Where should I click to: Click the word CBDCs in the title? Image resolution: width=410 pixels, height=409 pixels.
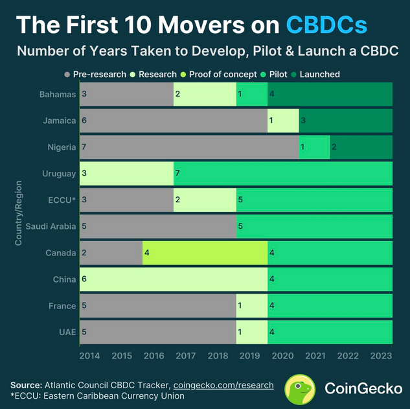click(x=326, y=25)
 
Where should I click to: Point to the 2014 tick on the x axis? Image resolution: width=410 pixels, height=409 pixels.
click(x=89, y=356)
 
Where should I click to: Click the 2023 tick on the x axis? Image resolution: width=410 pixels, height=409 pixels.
click(x=381, y=356)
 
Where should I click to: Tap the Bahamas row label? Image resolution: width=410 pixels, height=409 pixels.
click(x=58, y=95)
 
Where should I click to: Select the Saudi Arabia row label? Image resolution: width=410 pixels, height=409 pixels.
click(x=51, y=226)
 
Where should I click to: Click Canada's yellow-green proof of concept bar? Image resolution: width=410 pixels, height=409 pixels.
click(x=205, y=253)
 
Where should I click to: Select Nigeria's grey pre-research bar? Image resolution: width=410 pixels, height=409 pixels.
click(x=188, y=147)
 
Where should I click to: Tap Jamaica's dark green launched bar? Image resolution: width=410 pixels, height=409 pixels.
click(x=345, y=121)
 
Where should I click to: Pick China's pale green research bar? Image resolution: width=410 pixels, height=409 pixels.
click(x=173, y=279)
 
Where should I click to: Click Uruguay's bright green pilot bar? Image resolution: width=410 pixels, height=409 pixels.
click(x=282, y=174)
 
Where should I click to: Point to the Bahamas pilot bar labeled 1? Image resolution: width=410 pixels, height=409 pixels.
click(x=252, y=95)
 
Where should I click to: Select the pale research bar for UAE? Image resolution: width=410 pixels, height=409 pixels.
click(x=252, y=332)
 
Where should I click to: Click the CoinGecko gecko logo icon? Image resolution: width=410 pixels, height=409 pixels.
click(x=301, y=389)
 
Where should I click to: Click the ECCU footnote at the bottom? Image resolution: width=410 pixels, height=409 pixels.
click(x=97, y=395)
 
